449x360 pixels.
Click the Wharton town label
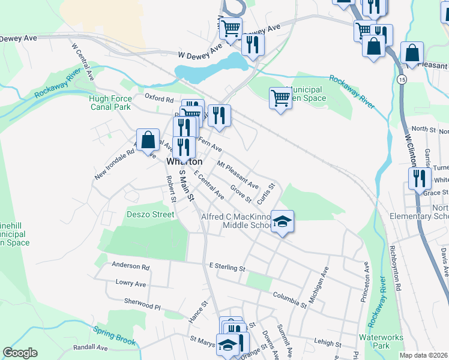184,162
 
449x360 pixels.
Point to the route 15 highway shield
400,79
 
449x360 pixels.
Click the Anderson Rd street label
130,266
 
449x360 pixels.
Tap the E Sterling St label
228,266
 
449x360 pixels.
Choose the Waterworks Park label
381,341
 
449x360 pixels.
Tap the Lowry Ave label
131,283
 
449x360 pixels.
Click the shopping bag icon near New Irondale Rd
148,140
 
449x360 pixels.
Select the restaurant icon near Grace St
419,178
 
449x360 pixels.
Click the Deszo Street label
150,214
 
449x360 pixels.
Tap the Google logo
20,353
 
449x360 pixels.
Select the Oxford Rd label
159,97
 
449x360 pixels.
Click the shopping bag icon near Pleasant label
412,53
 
